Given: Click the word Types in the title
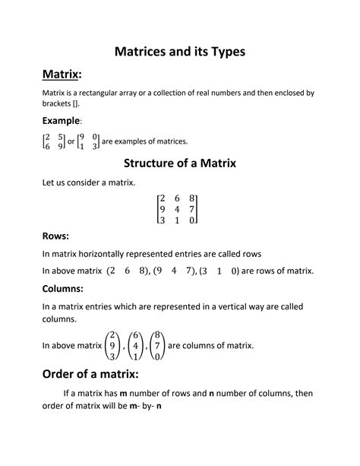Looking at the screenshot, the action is coord(223,52).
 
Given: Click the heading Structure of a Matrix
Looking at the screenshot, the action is coord(179,162).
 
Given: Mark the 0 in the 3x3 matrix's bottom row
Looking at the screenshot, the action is coord(193,220).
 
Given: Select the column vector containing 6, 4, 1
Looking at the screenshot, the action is coord(136,345).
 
